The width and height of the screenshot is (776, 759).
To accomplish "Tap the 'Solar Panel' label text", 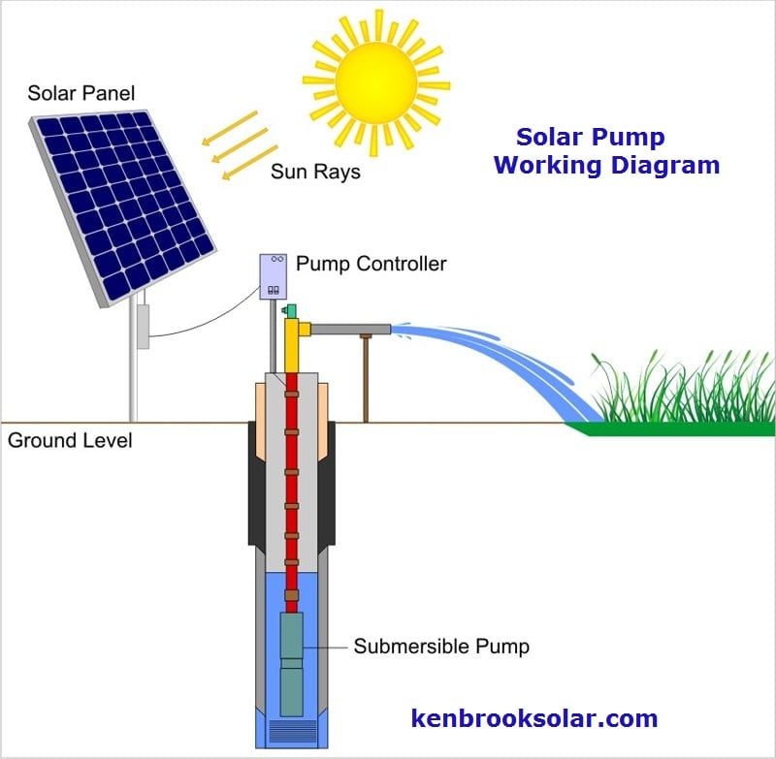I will (x=81, y=94).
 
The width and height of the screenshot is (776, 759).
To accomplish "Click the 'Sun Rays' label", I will (x=315, y=173).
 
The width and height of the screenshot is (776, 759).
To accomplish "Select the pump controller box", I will (x=274, y=276).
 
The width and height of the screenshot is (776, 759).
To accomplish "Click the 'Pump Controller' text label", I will (x=371, y=264).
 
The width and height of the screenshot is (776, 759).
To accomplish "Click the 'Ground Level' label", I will (x=70, y=441).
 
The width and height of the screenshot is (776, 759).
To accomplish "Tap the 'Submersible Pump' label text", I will (x=441, y=646).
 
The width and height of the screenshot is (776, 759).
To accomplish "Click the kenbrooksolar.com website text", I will (x=534, y=718).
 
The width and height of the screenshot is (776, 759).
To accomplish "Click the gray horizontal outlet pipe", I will (x=350, y=331).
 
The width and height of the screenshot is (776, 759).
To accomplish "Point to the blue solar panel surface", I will (x=121, y=199).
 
